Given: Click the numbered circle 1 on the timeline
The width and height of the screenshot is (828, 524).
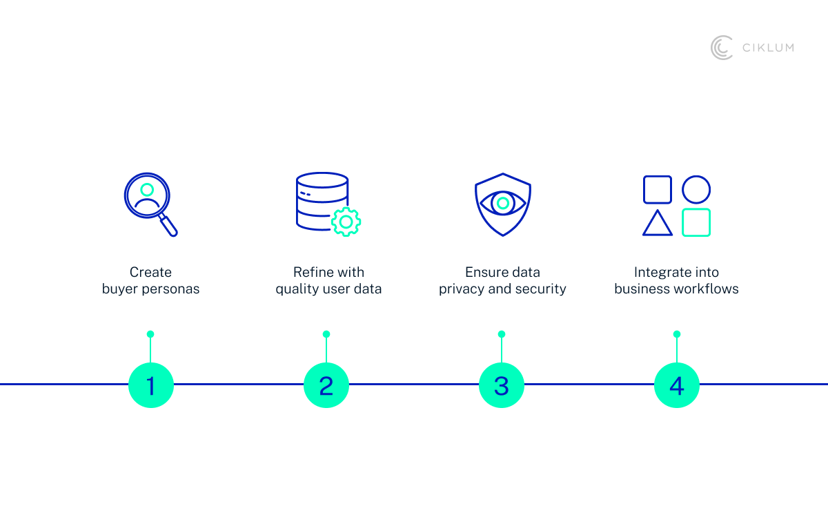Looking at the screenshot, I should coord(150,385).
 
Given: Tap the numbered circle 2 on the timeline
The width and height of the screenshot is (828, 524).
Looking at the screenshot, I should coord(326,385).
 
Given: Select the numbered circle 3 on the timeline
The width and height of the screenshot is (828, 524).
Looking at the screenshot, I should coord(502,385).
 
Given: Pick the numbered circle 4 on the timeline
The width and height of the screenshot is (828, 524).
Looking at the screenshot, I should coord(677,385).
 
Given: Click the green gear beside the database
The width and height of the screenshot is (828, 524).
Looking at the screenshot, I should coord(346,222).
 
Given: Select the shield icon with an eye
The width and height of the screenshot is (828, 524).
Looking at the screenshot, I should coord(502,204).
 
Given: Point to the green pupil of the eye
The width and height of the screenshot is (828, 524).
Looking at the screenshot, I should coord(503,203).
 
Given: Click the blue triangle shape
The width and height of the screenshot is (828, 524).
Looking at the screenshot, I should coord(657,224).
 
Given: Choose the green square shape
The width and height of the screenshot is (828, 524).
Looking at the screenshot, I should coord(696,222).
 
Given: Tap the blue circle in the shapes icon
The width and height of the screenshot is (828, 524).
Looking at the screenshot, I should coord(696,189).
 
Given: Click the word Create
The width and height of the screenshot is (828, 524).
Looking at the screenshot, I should coord(150,272).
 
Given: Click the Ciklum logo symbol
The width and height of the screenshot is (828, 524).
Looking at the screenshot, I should coord(722,48).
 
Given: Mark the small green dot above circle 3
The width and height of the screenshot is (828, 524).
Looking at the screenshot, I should coord(502,334).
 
